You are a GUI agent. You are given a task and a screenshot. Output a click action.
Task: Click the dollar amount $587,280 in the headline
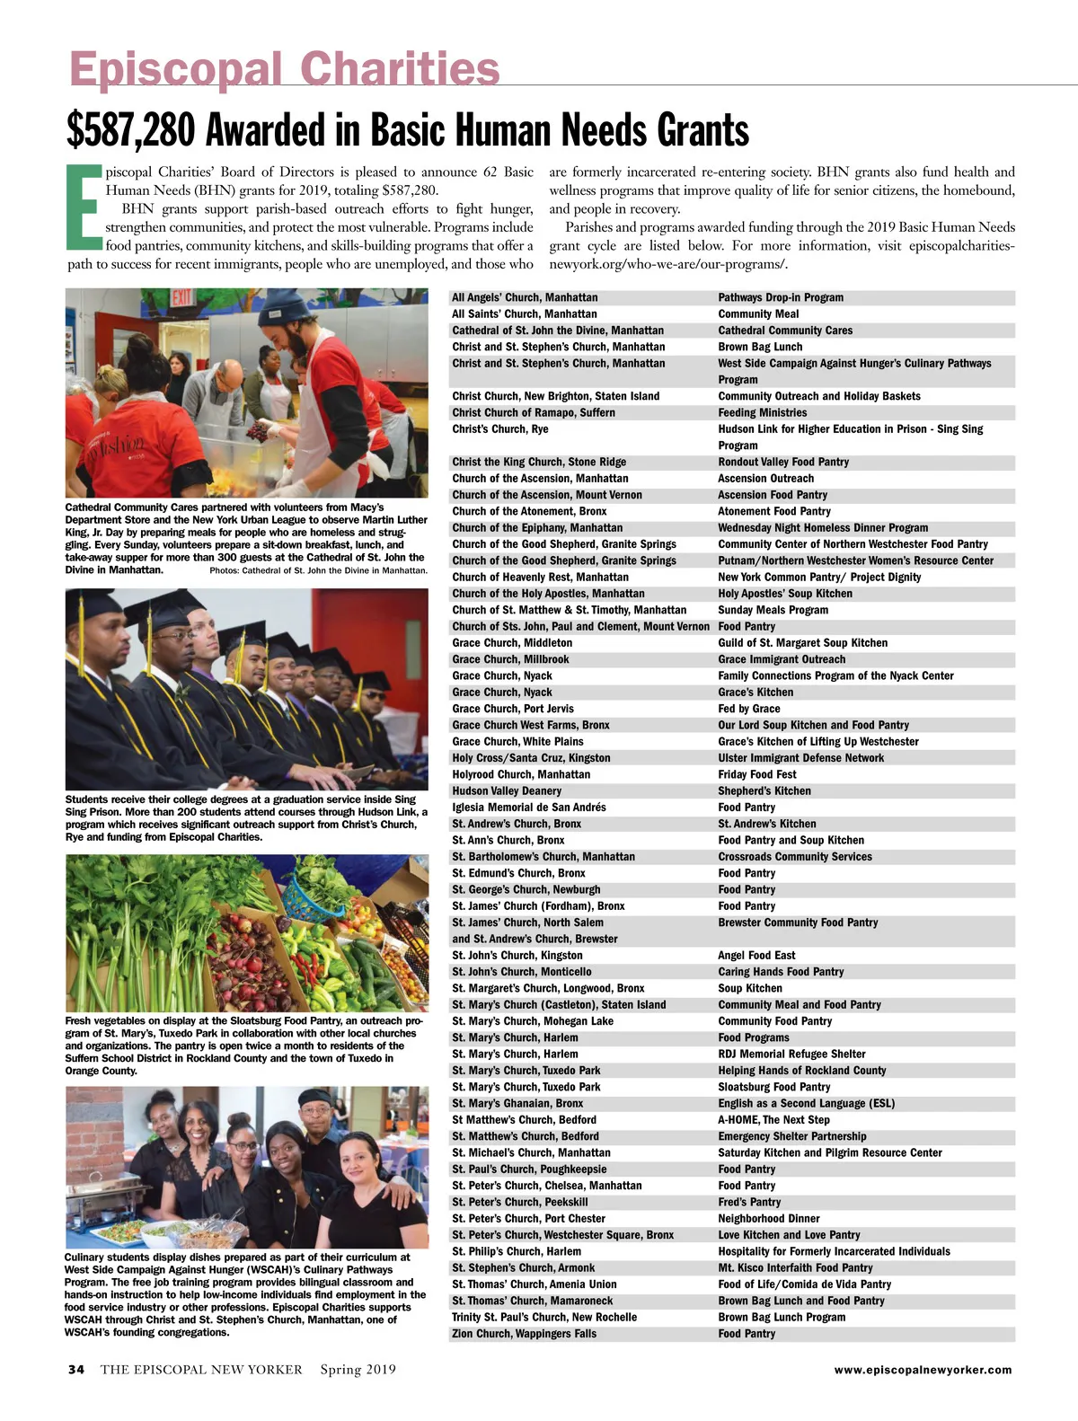pos(130,131)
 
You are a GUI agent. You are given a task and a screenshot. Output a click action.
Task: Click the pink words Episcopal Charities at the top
pos(284,69)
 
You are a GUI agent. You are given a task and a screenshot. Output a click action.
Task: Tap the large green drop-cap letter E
pos(84,207)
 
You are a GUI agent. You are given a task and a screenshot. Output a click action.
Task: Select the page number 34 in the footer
pos(76,1370)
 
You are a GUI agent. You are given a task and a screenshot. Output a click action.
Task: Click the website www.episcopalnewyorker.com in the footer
pos(923,1370)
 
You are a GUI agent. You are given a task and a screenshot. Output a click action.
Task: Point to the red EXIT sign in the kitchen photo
pos(183,296)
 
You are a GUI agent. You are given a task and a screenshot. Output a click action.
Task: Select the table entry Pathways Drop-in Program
pos(781,297)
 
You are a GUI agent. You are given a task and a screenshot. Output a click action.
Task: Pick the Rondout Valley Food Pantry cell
pos(783,462)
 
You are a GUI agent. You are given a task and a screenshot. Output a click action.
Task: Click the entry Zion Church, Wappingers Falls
pos(524,1334)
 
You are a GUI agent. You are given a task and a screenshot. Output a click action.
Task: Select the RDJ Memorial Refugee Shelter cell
pos(791,1054)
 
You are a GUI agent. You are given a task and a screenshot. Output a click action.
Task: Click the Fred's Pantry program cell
pos(749,1202)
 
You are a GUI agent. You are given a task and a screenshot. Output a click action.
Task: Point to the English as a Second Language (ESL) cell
pos(806,1103)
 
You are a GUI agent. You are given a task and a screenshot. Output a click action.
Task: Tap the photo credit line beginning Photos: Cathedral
pos(318,570)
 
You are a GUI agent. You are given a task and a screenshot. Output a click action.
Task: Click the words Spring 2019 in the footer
pos(358,1370)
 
